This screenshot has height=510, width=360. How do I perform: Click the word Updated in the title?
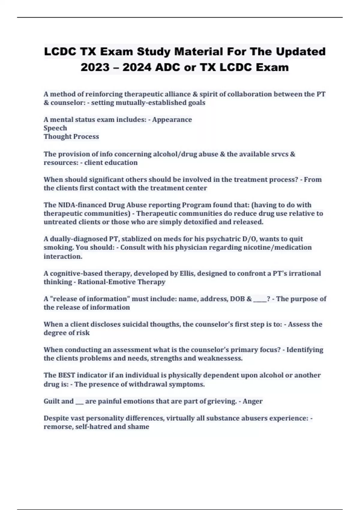coord(301,52)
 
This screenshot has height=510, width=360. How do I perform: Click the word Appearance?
coord(172,120)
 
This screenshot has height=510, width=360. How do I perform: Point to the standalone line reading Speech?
coord(55,128)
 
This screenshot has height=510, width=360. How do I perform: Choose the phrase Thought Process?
coord(71,136)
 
